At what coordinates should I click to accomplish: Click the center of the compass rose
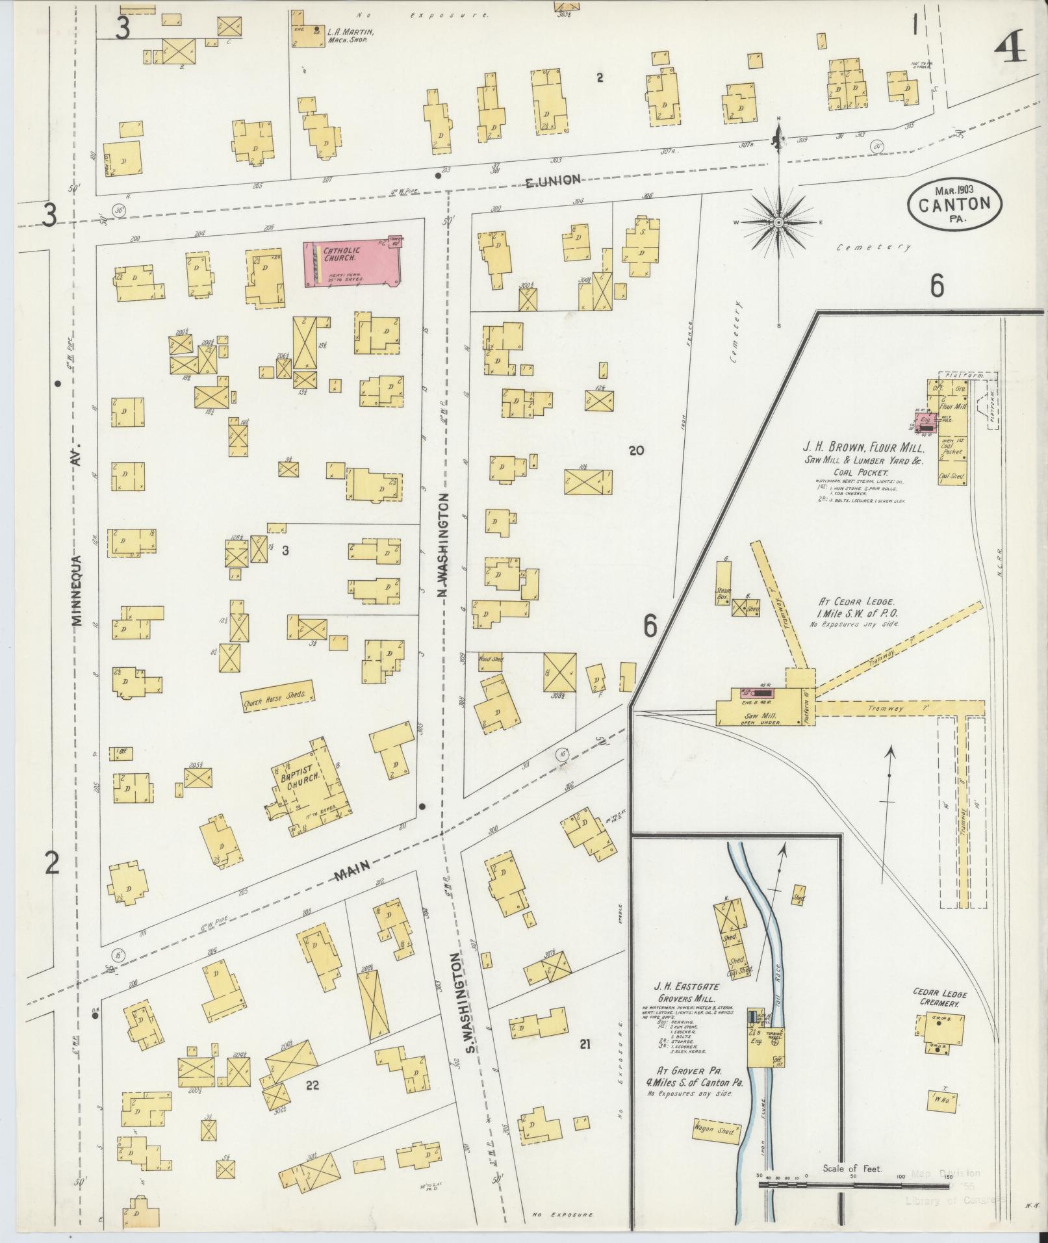778,223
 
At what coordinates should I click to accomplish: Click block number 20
636,450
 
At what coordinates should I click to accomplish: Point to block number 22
313,1084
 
